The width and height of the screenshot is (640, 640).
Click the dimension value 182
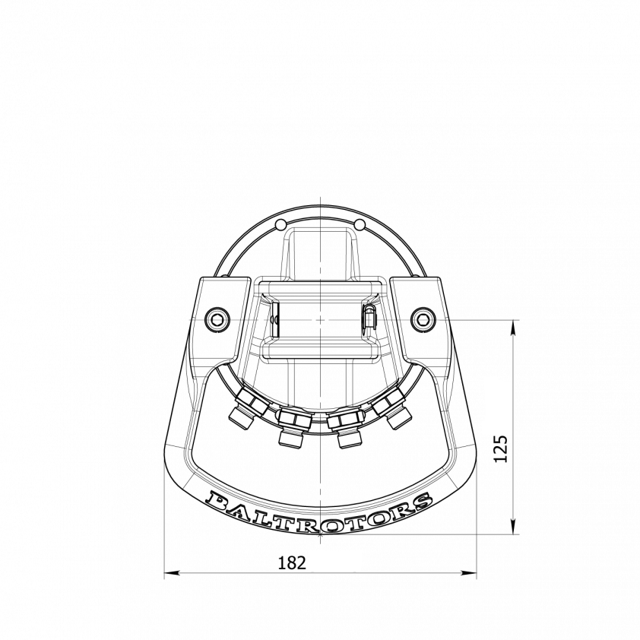(292, 562)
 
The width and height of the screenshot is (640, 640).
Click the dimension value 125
(499, 449)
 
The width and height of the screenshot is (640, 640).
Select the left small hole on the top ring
(280, 224)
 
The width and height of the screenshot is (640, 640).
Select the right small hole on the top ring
(360, 224)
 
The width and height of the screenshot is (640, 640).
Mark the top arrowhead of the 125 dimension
(515, 326)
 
